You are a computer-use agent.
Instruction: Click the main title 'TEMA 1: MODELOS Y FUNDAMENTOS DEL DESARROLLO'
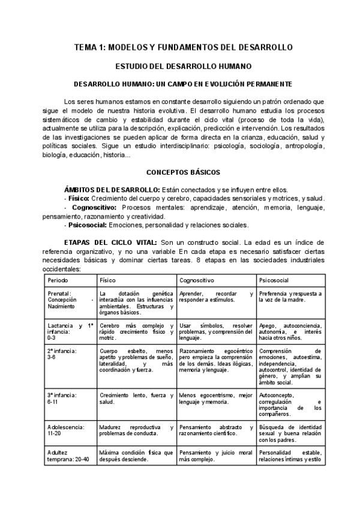[x=183, y=47]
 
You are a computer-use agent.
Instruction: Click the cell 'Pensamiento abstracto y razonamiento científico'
[x=216, y=432]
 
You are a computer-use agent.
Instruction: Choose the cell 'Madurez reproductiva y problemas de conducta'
[x=137, y=432]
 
